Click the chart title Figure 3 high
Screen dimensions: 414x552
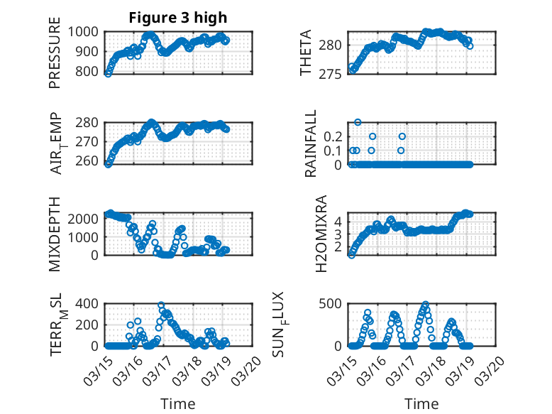(178, 18)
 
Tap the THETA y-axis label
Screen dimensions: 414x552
(306, 53)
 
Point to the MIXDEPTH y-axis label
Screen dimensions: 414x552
(55, 234)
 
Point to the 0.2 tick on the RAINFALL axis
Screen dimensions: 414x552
(332, 136)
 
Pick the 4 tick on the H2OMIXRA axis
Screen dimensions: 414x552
(338, 222)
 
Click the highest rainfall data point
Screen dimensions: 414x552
(358, 122)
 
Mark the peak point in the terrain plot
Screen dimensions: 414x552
(161, 305)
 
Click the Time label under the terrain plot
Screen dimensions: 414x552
(178, 403)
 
